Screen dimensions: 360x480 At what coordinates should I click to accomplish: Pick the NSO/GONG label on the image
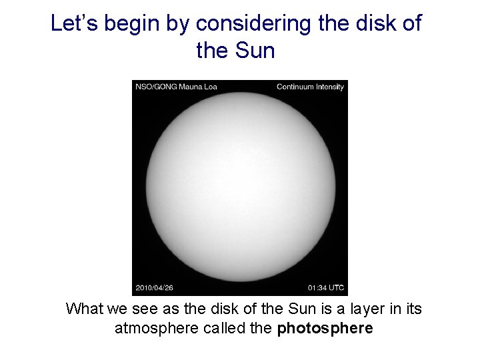[153, 87]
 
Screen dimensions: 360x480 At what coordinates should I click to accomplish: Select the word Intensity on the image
[330, 87]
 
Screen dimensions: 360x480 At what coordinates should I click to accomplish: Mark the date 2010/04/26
[154, 288]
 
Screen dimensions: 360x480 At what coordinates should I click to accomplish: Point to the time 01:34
[317, 288]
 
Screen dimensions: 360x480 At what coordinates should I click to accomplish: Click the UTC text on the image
[337, 288]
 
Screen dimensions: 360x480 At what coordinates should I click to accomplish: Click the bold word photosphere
[325, 328]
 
